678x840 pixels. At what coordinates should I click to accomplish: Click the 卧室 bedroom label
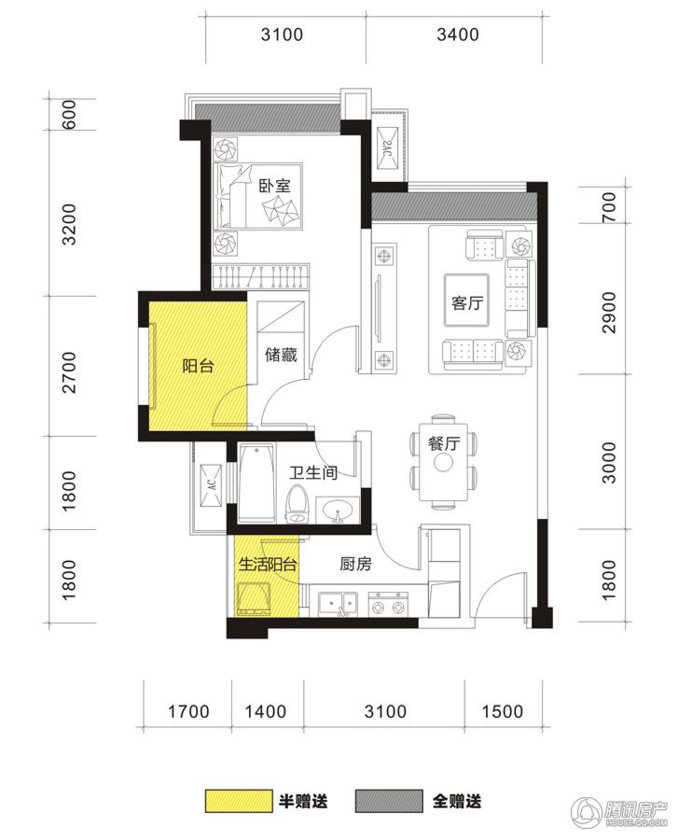click(x=274, y=186)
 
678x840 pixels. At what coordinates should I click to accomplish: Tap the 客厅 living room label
click(x=466, y=302)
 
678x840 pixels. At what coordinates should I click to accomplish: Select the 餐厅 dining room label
click(x=444, y=443)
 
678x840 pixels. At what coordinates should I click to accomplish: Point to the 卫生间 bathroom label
click(x=313, y=472)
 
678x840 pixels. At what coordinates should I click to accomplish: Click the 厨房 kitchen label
click(x=355, y=564)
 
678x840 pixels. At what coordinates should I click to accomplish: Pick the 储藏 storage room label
click(x=281, y=354)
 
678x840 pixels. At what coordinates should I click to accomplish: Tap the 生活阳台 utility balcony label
click(x=267, y=564)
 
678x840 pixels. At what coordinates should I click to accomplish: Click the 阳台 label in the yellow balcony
click(x=198, y=366)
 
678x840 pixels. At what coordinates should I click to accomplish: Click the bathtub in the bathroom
click(x=256, y=483)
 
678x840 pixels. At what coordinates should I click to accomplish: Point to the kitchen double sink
click(x=339, y=603)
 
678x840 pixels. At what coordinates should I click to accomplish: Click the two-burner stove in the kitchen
click(x=388, y=603)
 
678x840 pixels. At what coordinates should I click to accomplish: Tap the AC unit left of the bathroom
click(x=212, y=485)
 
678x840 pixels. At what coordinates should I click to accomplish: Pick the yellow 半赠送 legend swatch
click(x=236, y=801)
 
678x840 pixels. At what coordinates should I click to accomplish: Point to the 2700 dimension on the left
click(x=70, y=372)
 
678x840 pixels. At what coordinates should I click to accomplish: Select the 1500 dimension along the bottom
click(x=502, y=711)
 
